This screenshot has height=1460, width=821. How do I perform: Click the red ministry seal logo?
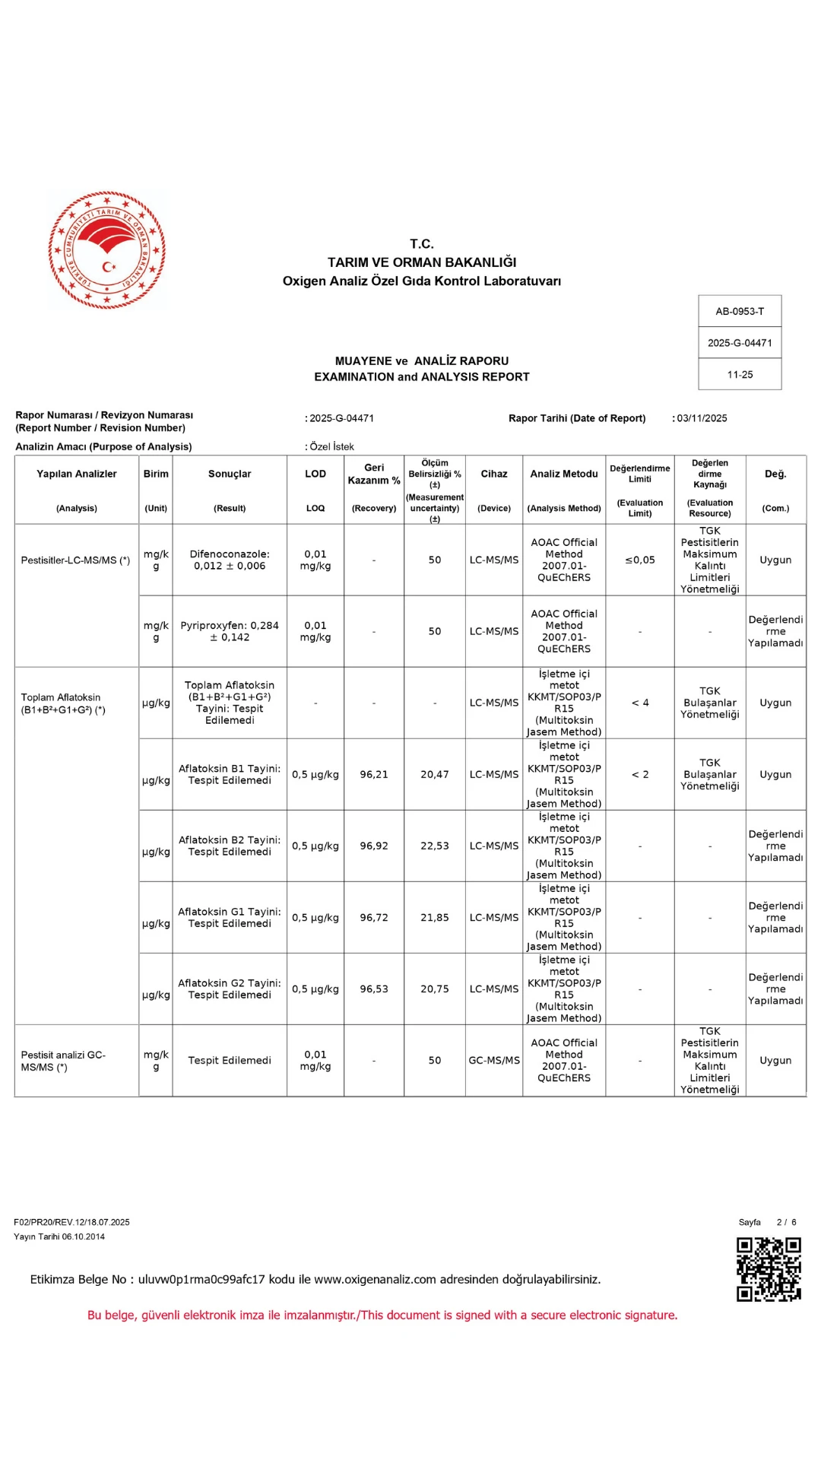[x=107, y=250]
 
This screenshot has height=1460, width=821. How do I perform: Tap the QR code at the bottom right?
[x=769, y=1269]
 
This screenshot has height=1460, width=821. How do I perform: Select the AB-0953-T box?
[x=740, y=311]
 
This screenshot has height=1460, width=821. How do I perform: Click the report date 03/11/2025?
[x=702, y=418]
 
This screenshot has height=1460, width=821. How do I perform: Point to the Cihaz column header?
[x=494, y=474]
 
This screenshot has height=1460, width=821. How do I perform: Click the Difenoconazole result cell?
[x=230, y=560]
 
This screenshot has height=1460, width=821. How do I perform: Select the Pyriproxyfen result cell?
[x=230, y=632]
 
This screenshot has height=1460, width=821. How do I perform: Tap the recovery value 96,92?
[x=374, y=846]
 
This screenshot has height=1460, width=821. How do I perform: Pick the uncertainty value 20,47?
[x=435, y=775]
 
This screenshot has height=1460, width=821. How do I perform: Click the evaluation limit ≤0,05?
[x=640, y=560]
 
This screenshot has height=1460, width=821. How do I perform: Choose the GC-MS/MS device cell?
[x=494, y=1061]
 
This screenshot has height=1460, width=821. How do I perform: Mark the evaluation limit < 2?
[x=640, y=775]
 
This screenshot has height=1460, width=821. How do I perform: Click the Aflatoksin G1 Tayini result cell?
[x=230, y=918]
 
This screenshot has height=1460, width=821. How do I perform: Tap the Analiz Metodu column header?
[x=564, y=474]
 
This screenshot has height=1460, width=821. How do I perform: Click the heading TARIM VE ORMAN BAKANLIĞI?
[x=422, y=262]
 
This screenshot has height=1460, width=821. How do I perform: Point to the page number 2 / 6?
[x=786, y=1223]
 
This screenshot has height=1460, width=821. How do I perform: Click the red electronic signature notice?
[x=382, y=1316]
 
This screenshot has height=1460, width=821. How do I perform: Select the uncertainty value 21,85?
[x=435, y=918]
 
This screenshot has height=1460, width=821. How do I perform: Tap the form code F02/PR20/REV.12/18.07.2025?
[x=71, y=1223]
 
